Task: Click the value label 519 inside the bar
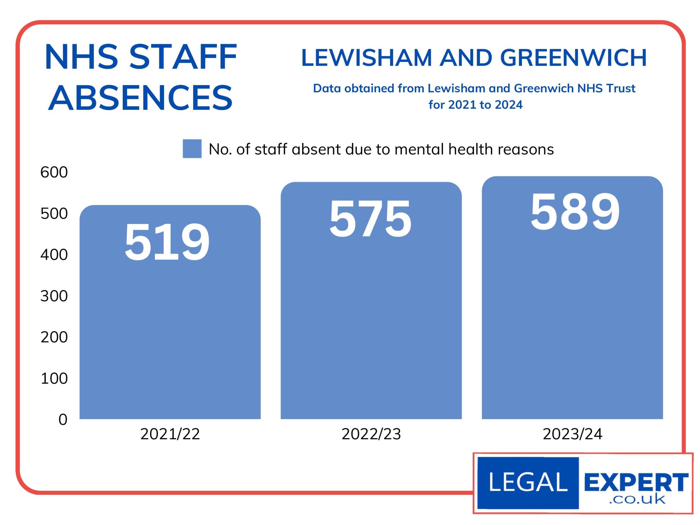coord(167,242)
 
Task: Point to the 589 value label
coord(575,212)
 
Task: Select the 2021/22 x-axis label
coord(170,434)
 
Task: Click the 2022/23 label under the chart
coord(371,434)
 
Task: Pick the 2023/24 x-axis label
coord(573,434)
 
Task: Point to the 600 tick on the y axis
coord(54,172)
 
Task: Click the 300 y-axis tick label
coord(54,296)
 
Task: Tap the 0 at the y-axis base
coord(63,419)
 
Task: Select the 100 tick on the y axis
coord(54,378)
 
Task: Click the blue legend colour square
coord(192,149)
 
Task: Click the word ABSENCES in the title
coord(140,98)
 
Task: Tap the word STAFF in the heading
coord(183,57)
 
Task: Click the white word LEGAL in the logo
coord(528,483)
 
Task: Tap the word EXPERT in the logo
coord(636,482)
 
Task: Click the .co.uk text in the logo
coord(637,500)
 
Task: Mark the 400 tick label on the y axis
coord(54,255)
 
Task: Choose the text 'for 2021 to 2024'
coord(475,105)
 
